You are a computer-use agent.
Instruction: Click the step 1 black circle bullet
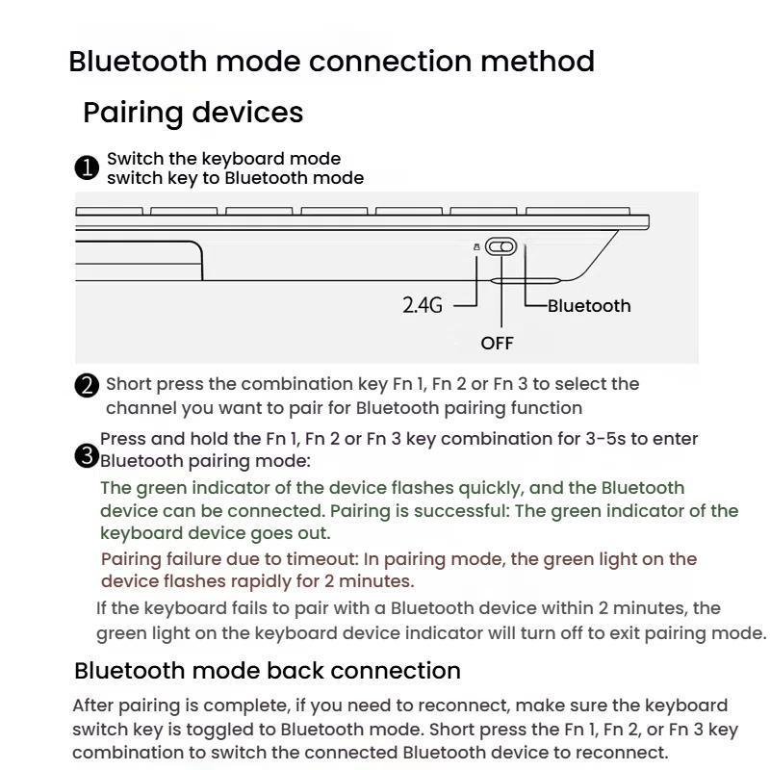[87, 168]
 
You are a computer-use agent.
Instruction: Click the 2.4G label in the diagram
[422, 306]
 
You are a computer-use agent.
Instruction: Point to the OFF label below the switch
[497, 344]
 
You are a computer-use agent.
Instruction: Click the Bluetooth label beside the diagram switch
[589, 306]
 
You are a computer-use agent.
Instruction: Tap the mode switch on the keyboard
[500, 247]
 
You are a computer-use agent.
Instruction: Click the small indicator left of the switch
[475, 247]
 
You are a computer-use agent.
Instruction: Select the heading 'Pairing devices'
[192, 113]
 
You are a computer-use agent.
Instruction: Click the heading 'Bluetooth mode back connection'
[268, 670]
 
